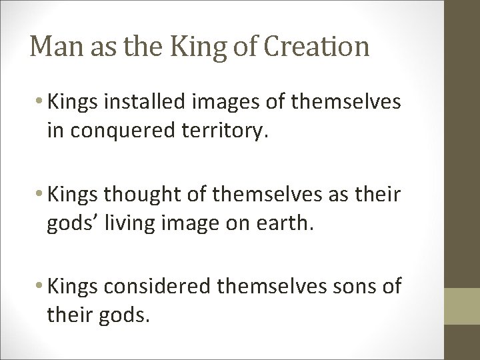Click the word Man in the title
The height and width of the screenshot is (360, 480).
(53, 46)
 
